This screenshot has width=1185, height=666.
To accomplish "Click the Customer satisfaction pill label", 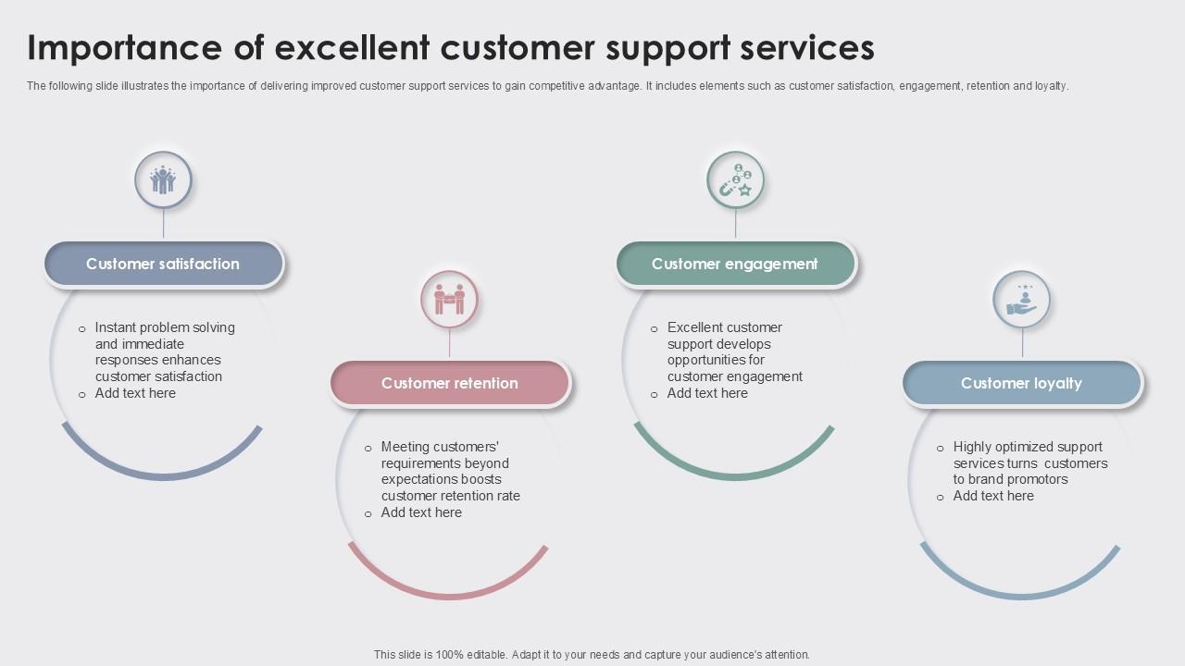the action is (x=163, y=264).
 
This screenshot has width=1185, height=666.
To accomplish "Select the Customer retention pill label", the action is (x=450, y=383).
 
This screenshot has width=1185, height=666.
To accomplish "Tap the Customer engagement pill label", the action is (x=735, y=264).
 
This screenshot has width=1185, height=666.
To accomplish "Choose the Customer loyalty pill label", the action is (x=1021, y=383).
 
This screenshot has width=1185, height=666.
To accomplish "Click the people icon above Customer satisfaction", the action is (x=163, y=179).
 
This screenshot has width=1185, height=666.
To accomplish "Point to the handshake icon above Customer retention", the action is (x=450, y=299).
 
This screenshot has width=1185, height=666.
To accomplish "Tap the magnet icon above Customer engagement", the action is (x=735, y=179).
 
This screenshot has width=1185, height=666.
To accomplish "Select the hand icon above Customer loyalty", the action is (x=1021, y=299).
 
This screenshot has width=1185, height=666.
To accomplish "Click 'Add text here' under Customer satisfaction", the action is (x=135, y=393).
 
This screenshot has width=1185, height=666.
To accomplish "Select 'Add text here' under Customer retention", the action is (x=421, y=512).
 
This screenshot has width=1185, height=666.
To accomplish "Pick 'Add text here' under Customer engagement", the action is (x=707, y=393).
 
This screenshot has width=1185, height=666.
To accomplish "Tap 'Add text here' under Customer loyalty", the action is (x=993, y=496).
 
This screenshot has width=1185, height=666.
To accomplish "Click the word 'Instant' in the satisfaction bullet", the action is (x=117, y=327).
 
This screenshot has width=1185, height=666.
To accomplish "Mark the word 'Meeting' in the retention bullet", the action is (x=405, y=447).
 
